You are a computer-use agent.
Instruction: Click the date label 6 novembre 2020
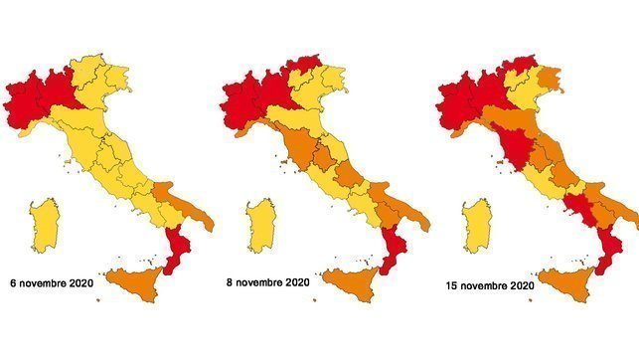point(64,269)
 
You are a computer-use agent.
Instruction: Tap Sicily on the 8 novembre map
point(353,288)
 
